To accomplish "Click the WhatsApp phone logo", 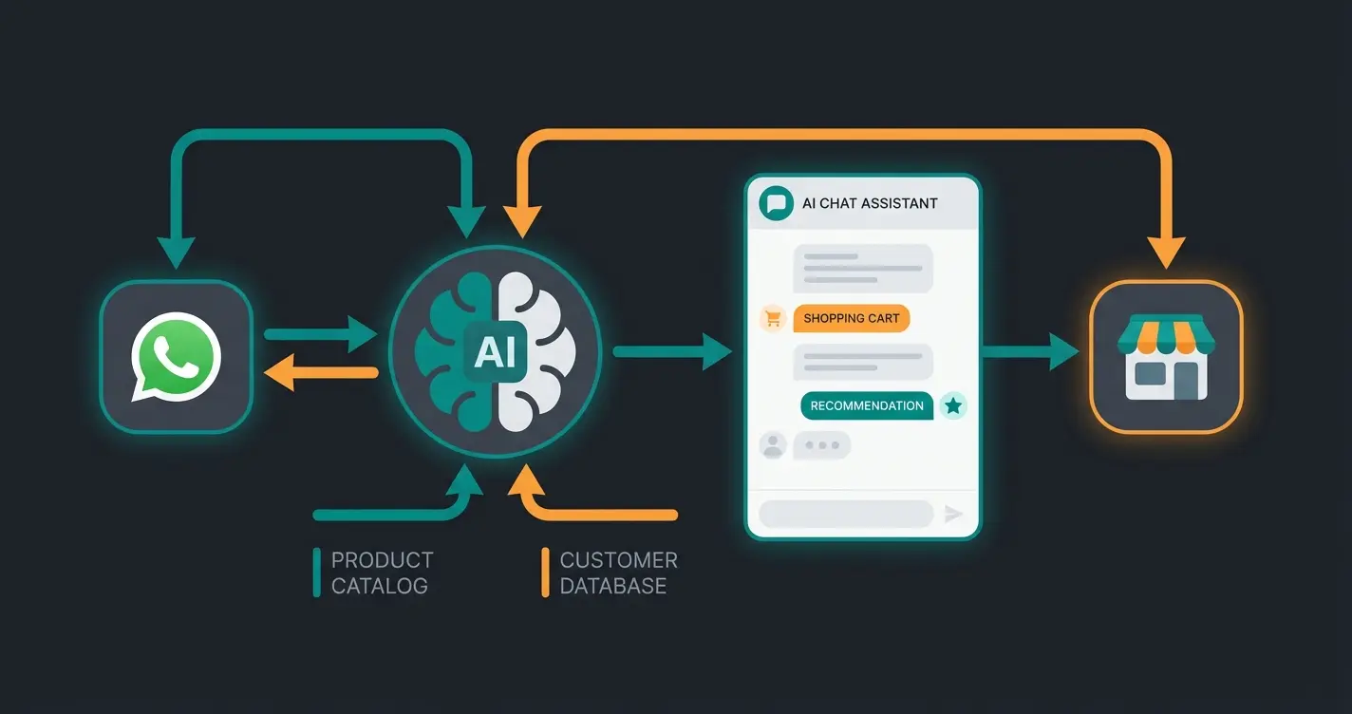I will (176, 357).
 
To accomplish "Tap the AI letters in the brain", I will (495, 352).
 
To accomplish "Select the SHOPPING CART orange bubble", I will (851, 318).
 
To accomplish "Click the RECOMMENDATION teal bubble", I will (866, 405).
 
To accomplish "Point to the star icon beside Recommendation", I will (953, 406).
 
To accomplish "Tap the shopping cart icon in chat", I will (773, 319).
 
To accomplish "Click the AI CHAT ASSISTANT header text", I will (870, 203).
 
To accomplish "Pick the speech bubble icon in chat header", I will (777, 203).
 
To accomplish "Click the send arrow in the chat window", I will (953, 514).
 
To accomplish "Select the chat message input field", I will (845, 514).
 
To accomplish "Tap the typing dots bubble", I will (821, 444).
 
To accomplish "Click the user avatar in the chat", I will (773, 444).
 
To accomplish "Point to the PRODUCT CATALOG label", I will (382, 573).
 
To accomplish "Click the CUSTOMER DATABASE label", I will (618, 573).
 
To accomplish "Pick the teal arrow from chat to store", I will (1031, 352).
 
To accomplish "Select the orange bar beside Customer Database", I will (545, 573).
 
